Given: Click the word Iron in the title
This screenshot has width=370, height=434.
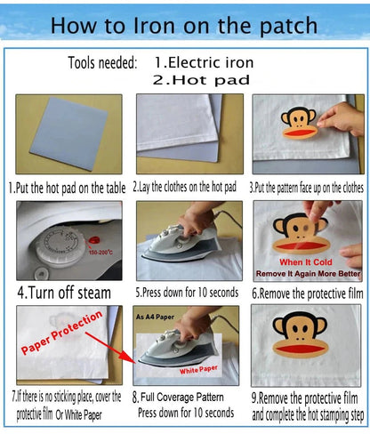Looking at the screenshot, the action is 154,26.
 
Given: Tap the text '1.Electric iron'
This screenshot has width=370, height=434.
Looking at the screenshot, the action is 204,62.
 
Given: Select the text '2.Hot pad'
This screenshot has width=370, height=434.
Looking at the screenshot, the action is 201,80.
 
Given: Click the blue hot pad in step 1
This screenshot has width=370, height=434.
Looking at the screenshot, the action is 68,133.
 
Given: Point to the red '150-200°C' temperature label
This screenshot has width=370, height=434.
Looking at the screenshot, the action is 101,253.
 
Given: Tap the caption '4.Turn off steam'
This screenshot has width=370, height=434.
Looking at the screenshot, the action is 64,293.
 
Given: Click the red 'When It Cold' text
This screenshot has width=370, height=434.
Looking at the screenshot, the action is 306,262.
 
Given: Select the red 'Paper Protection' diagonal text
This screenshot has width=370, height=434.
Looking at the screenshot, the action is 61,333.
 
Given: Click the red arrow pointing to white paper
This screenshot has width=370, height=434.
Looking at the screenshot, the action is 110,348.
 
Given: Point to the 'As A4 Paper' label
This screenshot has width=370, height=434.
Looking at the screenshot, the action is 155,317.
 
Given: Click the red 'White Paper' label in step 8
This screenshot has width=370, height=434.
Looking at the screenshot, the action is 198,370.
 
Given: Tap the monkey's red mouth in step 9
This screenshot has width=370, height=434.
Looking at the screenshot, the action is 300,350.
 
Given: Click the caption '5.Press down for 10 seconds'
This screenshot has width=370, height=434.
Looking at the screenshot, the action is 187,293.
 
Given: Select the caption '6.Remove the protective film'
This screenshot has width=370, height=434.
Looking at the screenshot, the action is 308,293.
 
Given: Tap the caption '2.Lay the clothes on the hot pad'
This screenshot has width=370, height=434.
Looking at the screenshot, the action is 184,187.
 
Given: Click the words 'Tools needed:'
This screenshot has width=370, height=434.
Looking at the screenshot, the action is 103,63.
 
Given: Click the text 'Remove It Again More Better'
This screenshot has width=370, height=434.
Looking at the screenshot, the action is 309,274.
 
